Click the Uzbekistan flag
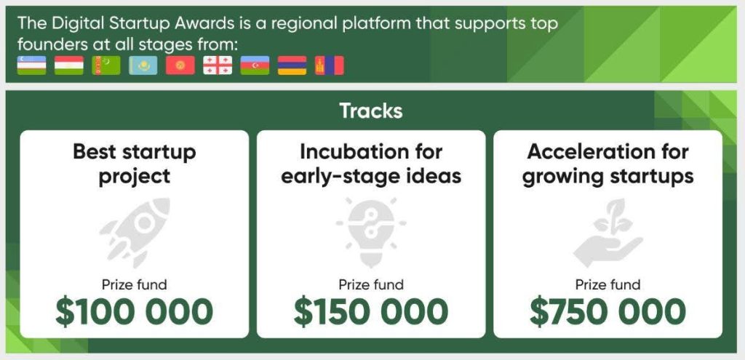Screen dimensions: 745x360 coord(31,65)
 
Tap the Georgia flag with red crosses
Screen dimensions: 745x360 coord(218,65)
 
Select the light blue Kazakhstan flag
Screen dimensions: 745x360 coord(143,65)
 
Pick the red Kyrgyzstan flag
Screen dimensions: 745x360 coord(180,65)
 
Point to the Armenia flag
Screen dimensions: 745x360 coord(292,65)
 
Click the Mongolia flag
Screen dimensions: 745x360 coord(330,65)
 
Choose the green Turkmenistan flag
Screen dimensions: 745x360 coord(106,65)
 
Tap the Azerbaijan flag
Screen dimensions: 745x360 coord(255,65)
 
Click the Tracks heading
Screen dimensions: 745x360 coord(371,111)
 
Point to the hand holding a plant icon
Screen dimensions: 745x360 coord(607,232)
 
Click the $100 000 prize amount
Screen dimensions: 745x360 coord(135,311)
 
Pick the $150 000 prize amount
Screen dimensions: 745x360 coord(371,311)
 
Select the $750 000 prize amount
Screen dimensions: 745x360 coord(607,311)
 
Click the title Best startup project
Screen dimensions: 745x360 coord(135,164)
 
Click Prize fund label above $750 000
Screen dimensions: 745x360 coord(607,285)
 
